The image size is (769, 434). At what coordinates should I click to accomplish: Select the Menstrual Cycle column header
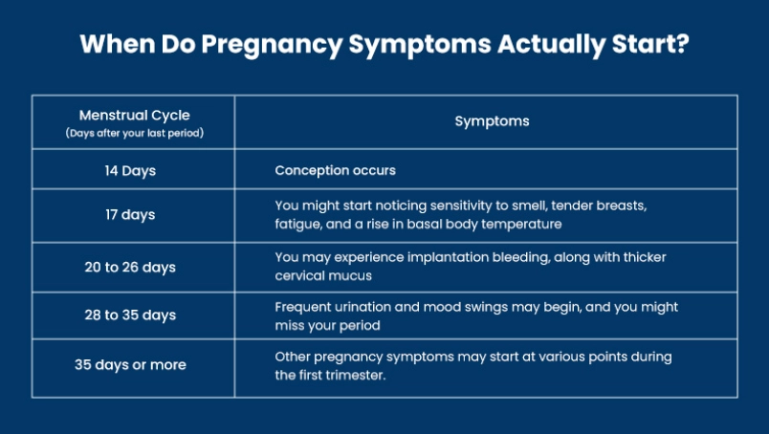pos(134,115)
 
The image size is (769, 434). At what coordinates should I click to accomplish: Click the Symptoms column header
pos(492,121)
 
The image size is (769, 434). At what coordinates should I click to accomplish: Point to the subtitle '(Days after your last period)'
pos(134,133)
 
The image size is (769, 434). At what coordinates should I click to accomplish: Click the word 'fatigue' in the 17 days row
pos(299,225)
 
